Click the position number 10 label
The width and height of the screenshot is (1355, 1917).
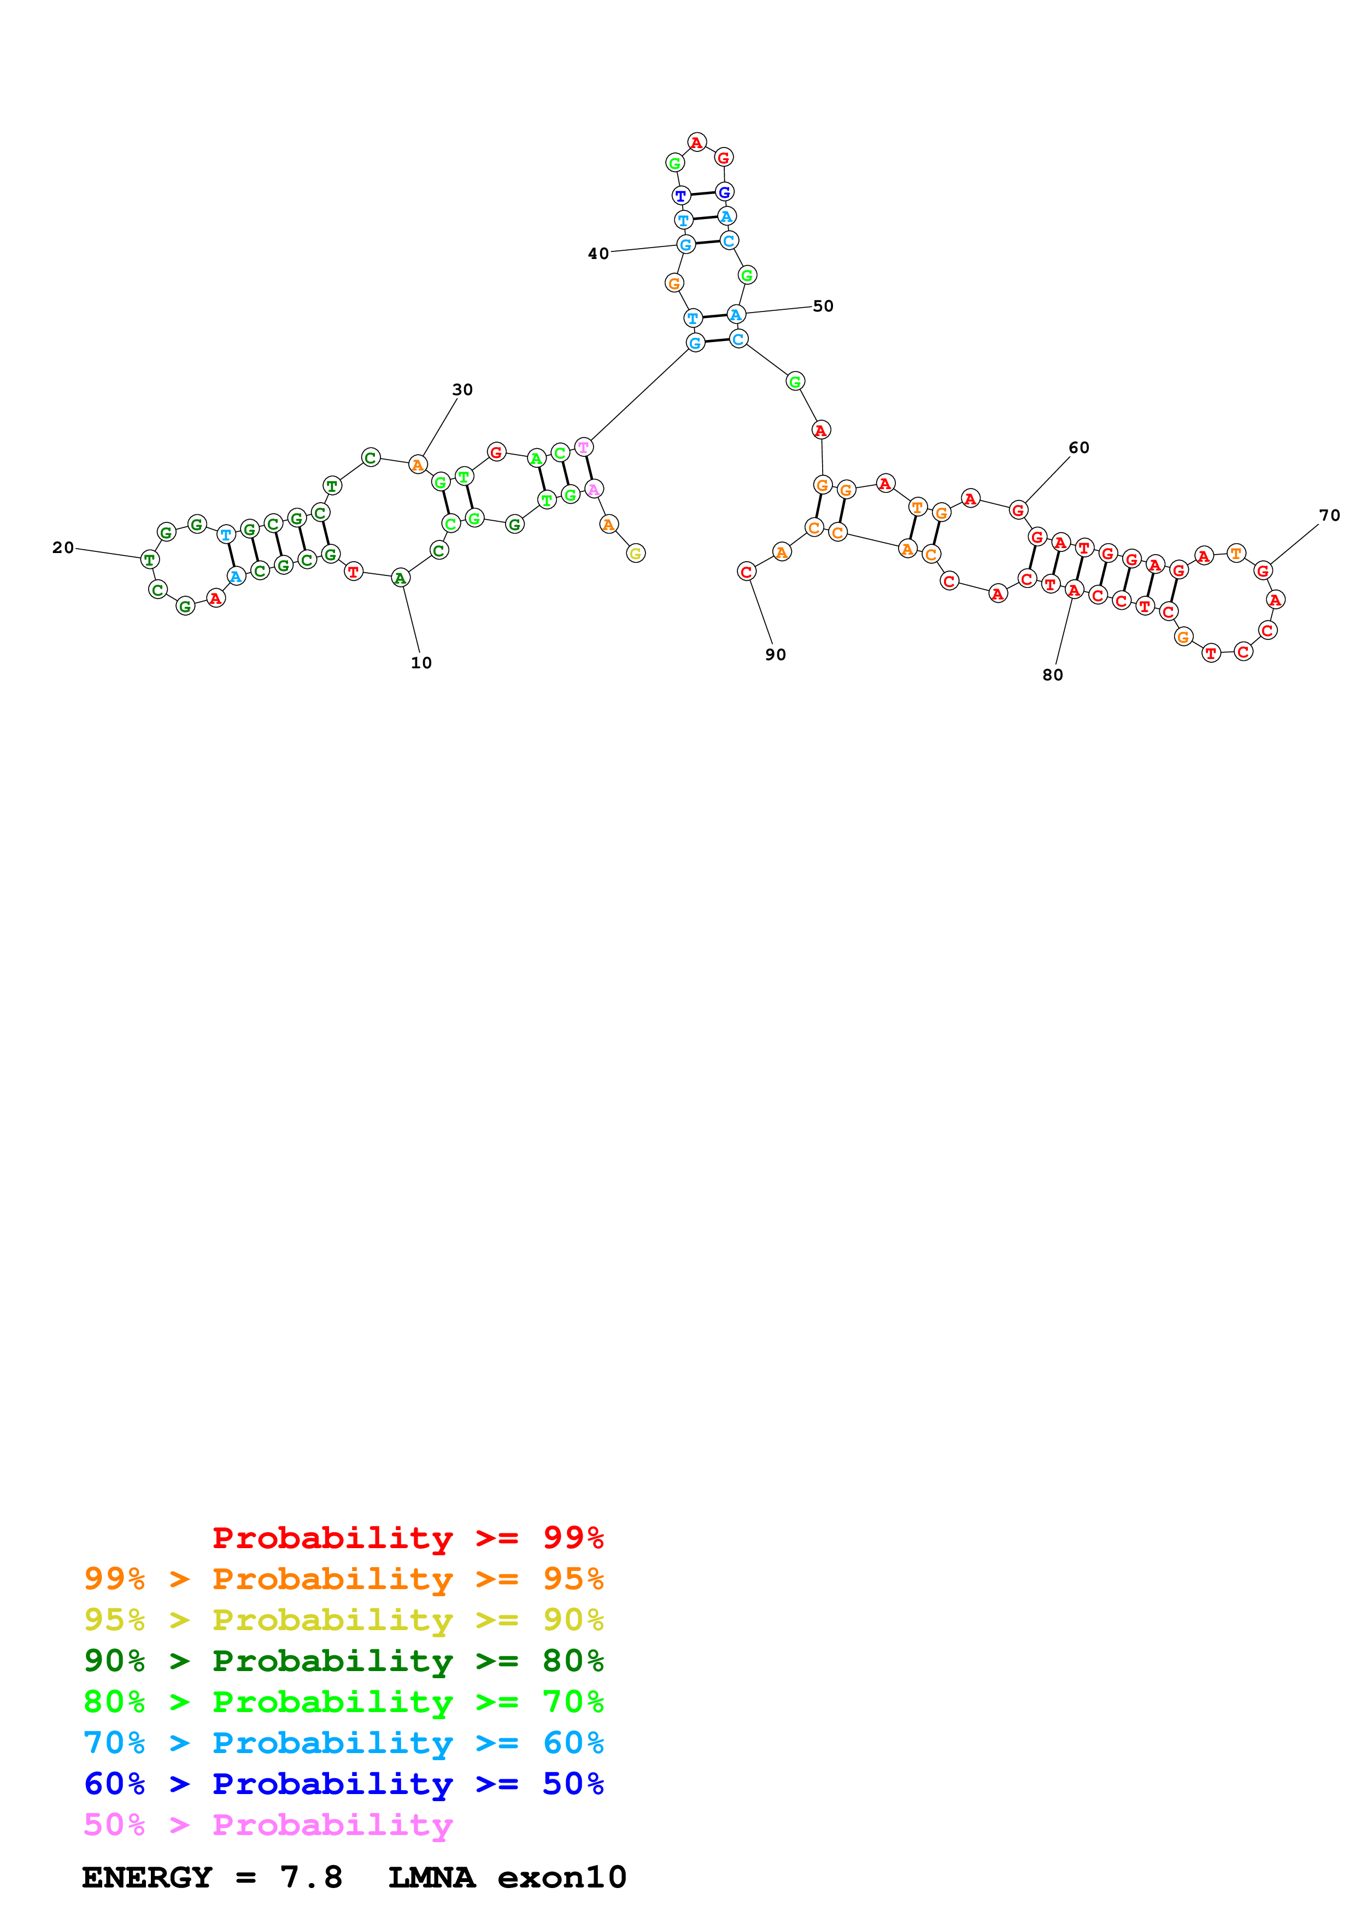421,663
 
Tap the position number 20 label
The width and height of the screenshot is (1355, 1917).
63,548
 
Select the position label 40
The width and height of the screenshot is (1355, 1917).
598,254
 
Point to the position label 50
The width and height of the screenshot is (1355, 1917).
823,307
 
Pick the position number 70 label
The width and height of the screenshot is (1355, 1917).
1330,516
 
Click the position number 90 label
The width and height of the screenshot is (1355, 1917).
776,655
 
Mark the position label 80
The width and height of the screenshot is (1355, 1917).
1053,675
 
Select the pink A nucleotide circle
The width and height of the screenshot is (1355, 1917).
594,489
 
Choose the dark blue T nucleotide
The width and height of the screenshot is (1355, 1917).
681,196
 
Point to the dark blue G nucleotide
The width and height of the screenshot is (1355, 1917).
725,192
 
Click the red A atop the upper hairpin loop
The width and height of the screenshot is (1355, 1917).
696,143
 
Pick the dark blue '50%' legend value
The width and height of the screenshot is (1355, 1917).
573,1784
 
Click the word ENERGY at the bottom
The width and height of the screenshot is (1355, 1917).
147,1878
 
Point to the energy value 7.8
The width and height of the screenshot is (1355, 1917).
312,1878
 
